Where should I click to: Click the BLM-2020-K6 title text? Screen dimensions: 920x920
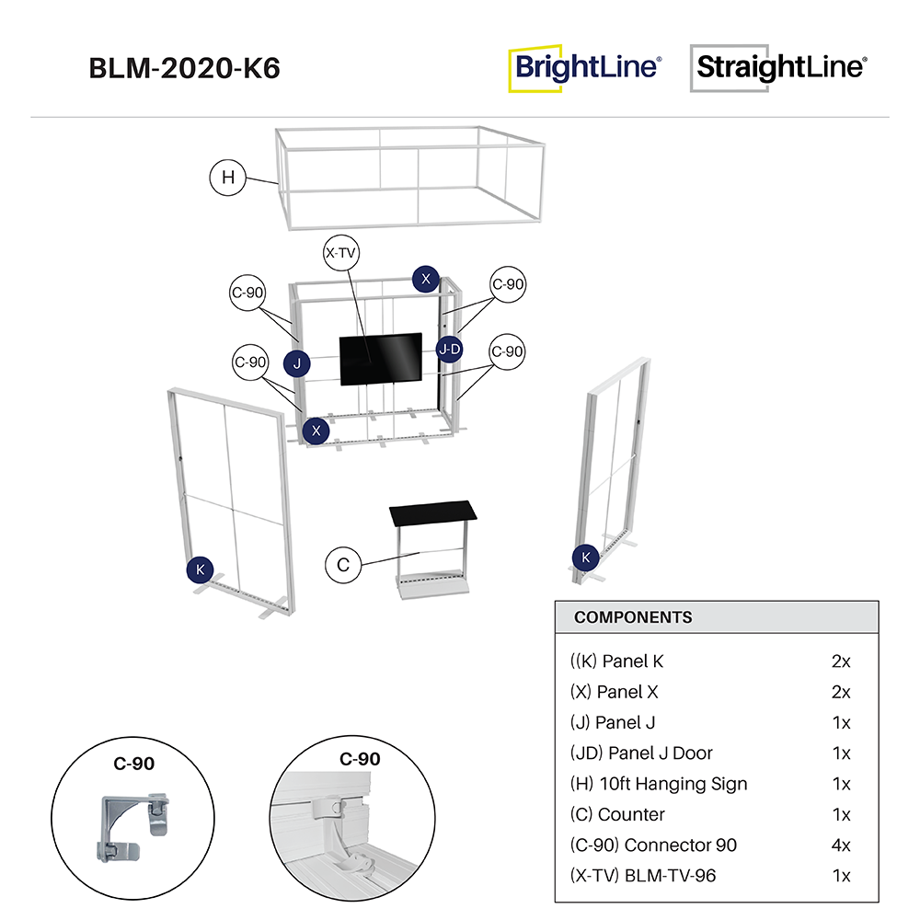coord(184,69)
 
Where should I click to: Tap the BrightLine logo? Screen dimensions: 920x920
coord(585,68)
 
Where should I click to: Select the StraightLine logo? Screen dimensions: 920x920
coord(779,68)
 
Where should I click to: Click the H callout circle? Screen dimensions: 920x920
coord(228,178)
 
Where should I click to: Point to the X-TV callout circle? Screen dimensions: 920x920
coord(340,254)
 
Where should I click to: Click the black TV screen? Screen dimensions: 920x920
coord(380,359)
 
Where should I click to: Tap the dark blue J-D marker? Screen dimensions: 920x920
coord(449,349)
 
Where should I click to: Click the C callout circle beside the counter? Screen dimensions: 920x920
coord(343,564)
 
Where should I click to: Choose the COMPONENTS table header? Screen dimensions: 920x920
coord(633,617)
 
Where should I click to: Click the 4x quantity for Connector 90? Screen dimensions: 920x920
coord(840,845)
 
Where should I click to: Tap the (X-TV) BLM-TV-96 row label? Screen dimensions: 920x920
coord(643,875)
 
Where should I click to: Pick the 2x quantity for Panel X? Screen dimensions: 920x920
coord(840,692)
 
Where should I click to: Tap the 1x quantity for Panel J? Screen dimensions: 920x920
coord(840,722)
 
